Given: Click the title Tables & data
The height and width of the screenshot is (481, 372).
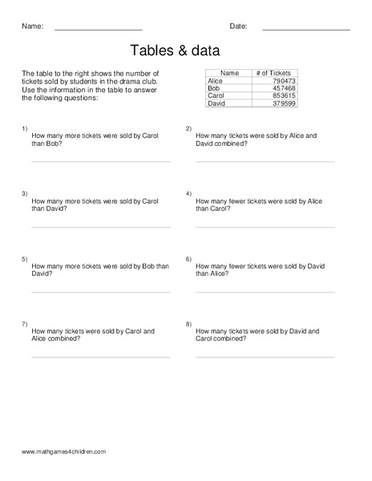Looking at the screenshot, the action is (x=186, y=51).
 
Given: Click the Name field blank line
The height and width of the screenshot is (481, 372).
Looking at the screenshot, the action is (x=98, y=30).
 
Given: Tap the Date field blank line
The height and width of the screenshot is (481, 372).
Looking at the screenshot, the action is (x=306, y=30).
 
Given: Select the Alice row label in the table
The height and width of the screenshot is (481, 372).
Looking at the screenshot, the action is (x=215, y=81).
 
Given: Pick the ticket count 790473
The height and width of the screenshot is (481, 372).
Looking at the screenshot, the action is (x=284, y=81).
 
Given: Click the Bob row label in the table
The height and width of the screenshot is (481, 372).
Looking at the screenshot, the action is (x=213, y=88).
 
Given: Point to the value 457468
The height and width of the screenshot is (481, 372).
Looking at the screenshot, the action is (x=284, y=88).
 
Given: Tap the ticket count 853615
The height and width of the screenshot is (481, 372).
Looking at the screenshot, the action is (x=284, y=96).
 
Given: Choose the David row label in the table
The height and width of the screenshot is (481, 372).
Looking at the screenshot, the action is (x=216, y=103).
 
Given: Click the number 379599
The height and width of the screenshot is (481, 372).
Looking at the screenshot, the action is (x=284, y=103).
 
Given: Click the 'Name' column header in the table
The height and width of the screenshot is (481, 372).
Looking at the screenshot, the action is (x=229, y=73).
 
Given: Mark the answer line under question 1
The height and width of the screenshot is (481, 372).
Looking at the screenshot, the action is (x=100, y=161).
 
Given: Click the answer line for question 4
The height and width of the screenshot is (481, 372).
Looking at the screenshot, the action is (x=265, y=227).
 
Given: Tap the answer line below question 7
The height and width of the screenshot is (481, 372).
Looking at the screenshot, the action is (x=100, y=357).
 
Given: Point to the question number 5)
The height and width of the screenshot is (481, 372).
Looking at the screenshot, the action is (x=25, y=259).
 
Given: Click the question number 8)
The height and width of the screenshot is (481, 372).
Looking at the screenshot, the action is (x=188, y=324).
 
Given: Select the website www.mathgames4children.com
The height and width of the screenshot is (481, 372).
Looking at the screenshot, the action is (x=64, y=452).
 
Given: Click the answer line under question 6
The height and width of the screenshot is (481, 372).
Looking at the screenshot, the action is (x=265, y=292).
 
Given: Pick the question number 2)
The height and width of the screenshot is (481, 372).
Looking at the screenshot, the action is (x=188, y=128).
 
